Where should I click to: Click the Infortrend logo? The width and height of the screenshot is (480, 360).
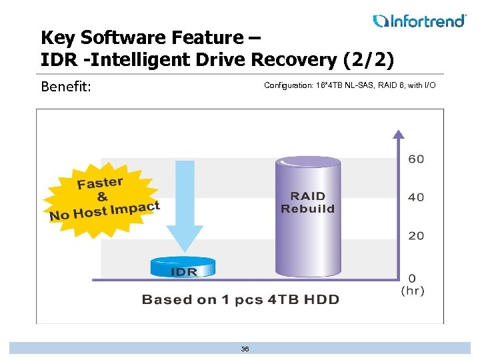[419, 21]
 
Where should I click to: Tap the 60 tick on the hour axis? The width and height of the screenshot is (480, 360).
[416, 159]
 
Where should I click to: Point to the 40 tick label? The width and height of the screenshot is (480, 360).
[416, 197]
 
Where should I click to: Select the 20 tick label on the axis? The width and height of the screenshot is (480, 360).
[416, 235]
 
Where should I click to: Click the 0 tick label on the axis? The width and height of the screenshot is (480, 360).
[413, 277]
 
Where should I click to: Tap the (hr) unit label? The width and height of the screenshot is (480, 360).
[413, 291]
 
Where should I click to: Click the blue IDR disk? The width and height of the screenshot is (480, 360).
[183, 267]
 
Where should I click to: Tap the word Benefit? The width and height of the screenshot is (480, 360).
[65, 87]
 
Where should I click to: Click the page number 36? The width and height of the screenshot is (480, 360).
[245, 349]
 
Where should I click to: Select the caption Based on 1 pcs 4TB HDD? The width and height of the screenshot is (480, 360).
[240, 299]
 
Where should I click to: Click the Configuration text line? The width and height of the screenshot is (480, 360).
[349, 85]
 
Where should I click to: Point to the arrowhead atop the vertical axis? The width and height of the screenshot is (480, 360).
[397, 134]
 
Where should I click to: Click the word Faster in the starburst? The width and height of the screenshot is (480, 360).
[100, 182]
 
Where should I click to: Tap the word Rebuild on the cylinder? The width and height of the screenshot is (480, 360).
[307, 209]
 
